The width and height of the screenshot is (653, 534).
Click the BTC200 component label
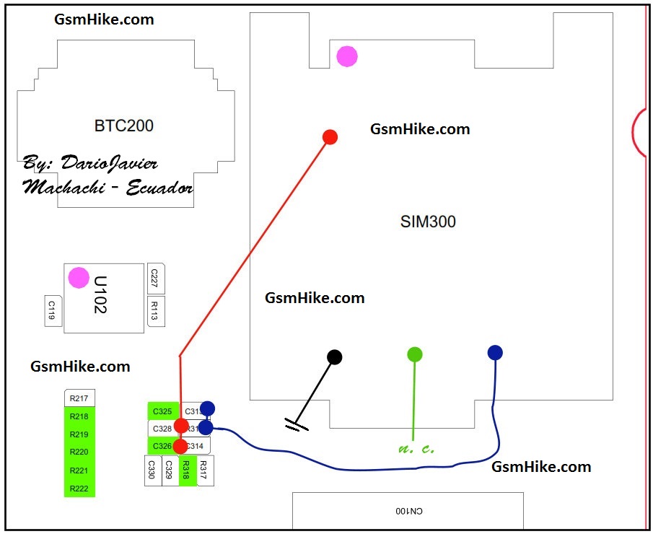click(x=124, y=126)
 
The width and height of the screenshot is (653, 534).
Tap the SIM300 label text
click(x=428, y=222)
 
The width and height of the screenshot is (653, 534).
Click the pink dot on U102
click(x=79, y=278)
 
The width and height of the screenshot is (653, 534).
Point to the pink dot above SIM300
click(x=347, y=56)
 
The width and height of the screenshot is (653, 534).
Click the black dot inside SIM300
click(x=334, y=356)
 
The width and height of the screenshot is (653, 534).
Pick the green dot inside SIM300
click(x=414, y=354)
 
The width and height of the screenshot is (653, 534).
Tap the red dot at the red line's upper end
click(x=330, y=137)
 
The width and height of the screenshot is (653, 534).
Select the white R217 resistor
click(x=79, y=398)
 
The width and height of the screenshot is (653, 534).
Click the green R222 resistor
click(x=79, y=489)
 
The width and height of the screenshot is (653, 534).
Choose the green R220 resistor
click(x=79, y=452)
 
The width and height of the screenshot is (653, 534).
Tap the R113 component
click(x=154, y=311)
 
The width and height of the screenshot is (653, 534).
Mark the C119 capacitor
click(x=53, y=311)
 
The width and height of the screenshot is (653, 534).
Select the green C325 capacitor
click(x=162, y=412)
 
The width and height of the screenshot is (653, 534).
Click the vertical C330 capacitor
click(x=152, y=470)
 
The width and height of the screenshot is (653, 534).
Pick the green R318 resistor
click(x=187, y=470)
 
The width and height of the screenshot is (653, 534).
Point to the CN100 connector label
click(x=408, y=511)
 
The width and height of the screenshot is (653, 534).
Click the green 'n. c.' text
click(x=416, y=449)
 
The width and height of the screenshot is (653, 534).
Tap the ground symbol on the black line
click(x=296, y=426)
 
